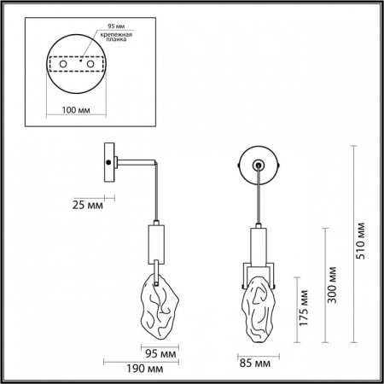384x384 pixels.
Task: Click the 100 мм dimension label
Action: [x=79, y=111]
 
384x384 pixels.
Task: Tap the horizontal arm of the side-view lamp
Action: [x=135, y=161]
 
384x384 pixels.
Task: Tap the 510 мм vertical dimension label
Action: [x=360, y=247]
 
